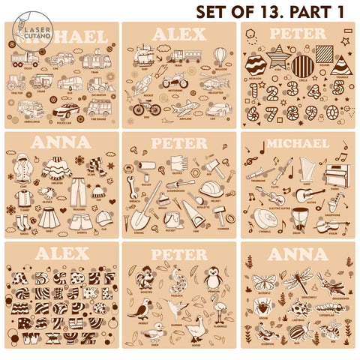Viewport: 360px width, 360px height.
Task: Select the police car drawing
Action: [67, 109]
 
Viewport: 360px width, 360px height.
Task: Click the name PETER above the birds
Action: [179, 255]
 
